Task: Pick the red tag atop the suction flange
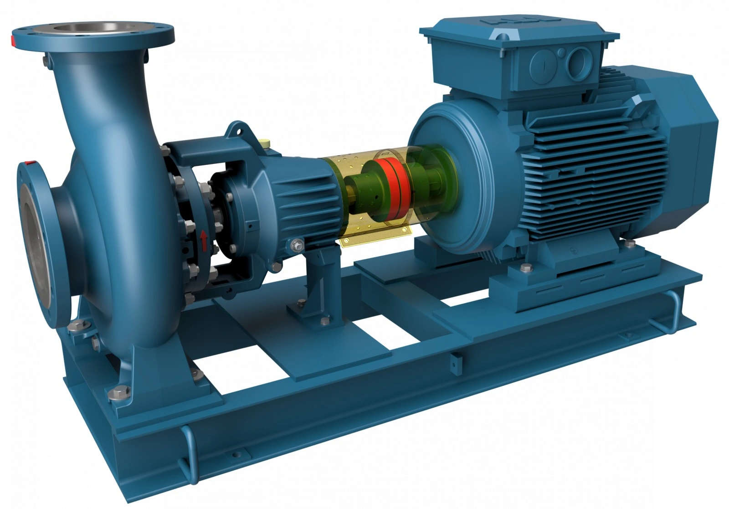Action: point(31,162)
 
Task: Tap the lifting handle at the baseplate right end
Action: point(670,310)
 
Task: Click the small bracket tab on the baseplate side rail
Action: point(455,360)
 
